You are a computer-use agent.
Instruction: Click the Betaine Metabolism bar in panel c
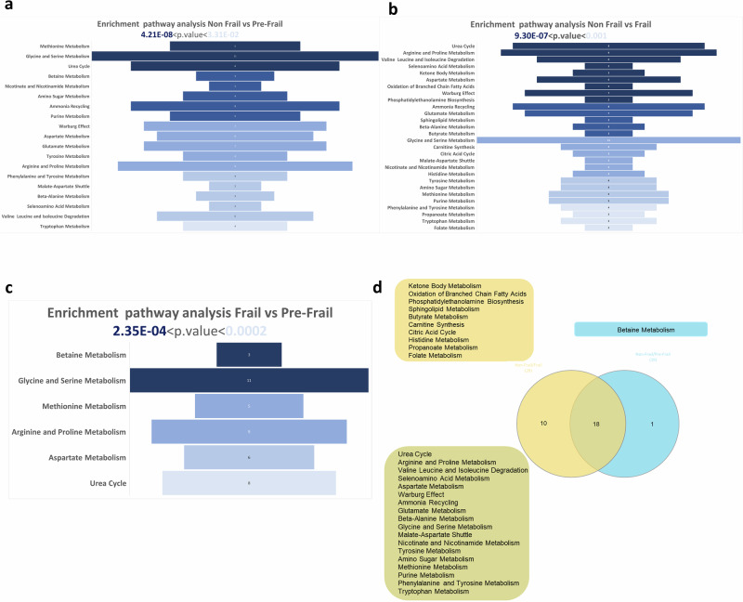coord(249,355)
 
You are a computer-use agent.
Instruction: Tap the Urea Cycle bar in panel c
coord(249,483)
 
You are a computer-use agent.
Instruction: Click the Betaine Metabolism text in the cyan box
coord(641,330)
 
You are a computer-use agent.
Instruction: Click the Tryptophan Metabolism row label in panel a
coord(64,226)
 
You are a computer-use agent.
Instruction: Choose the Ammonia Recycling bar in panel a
coord(235,106)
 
